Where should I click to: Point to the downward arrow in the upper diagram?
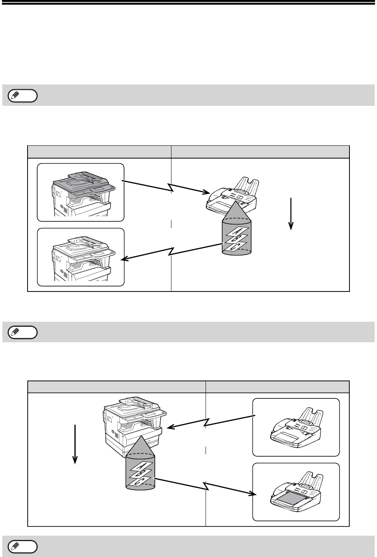(x=291, y=214)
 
